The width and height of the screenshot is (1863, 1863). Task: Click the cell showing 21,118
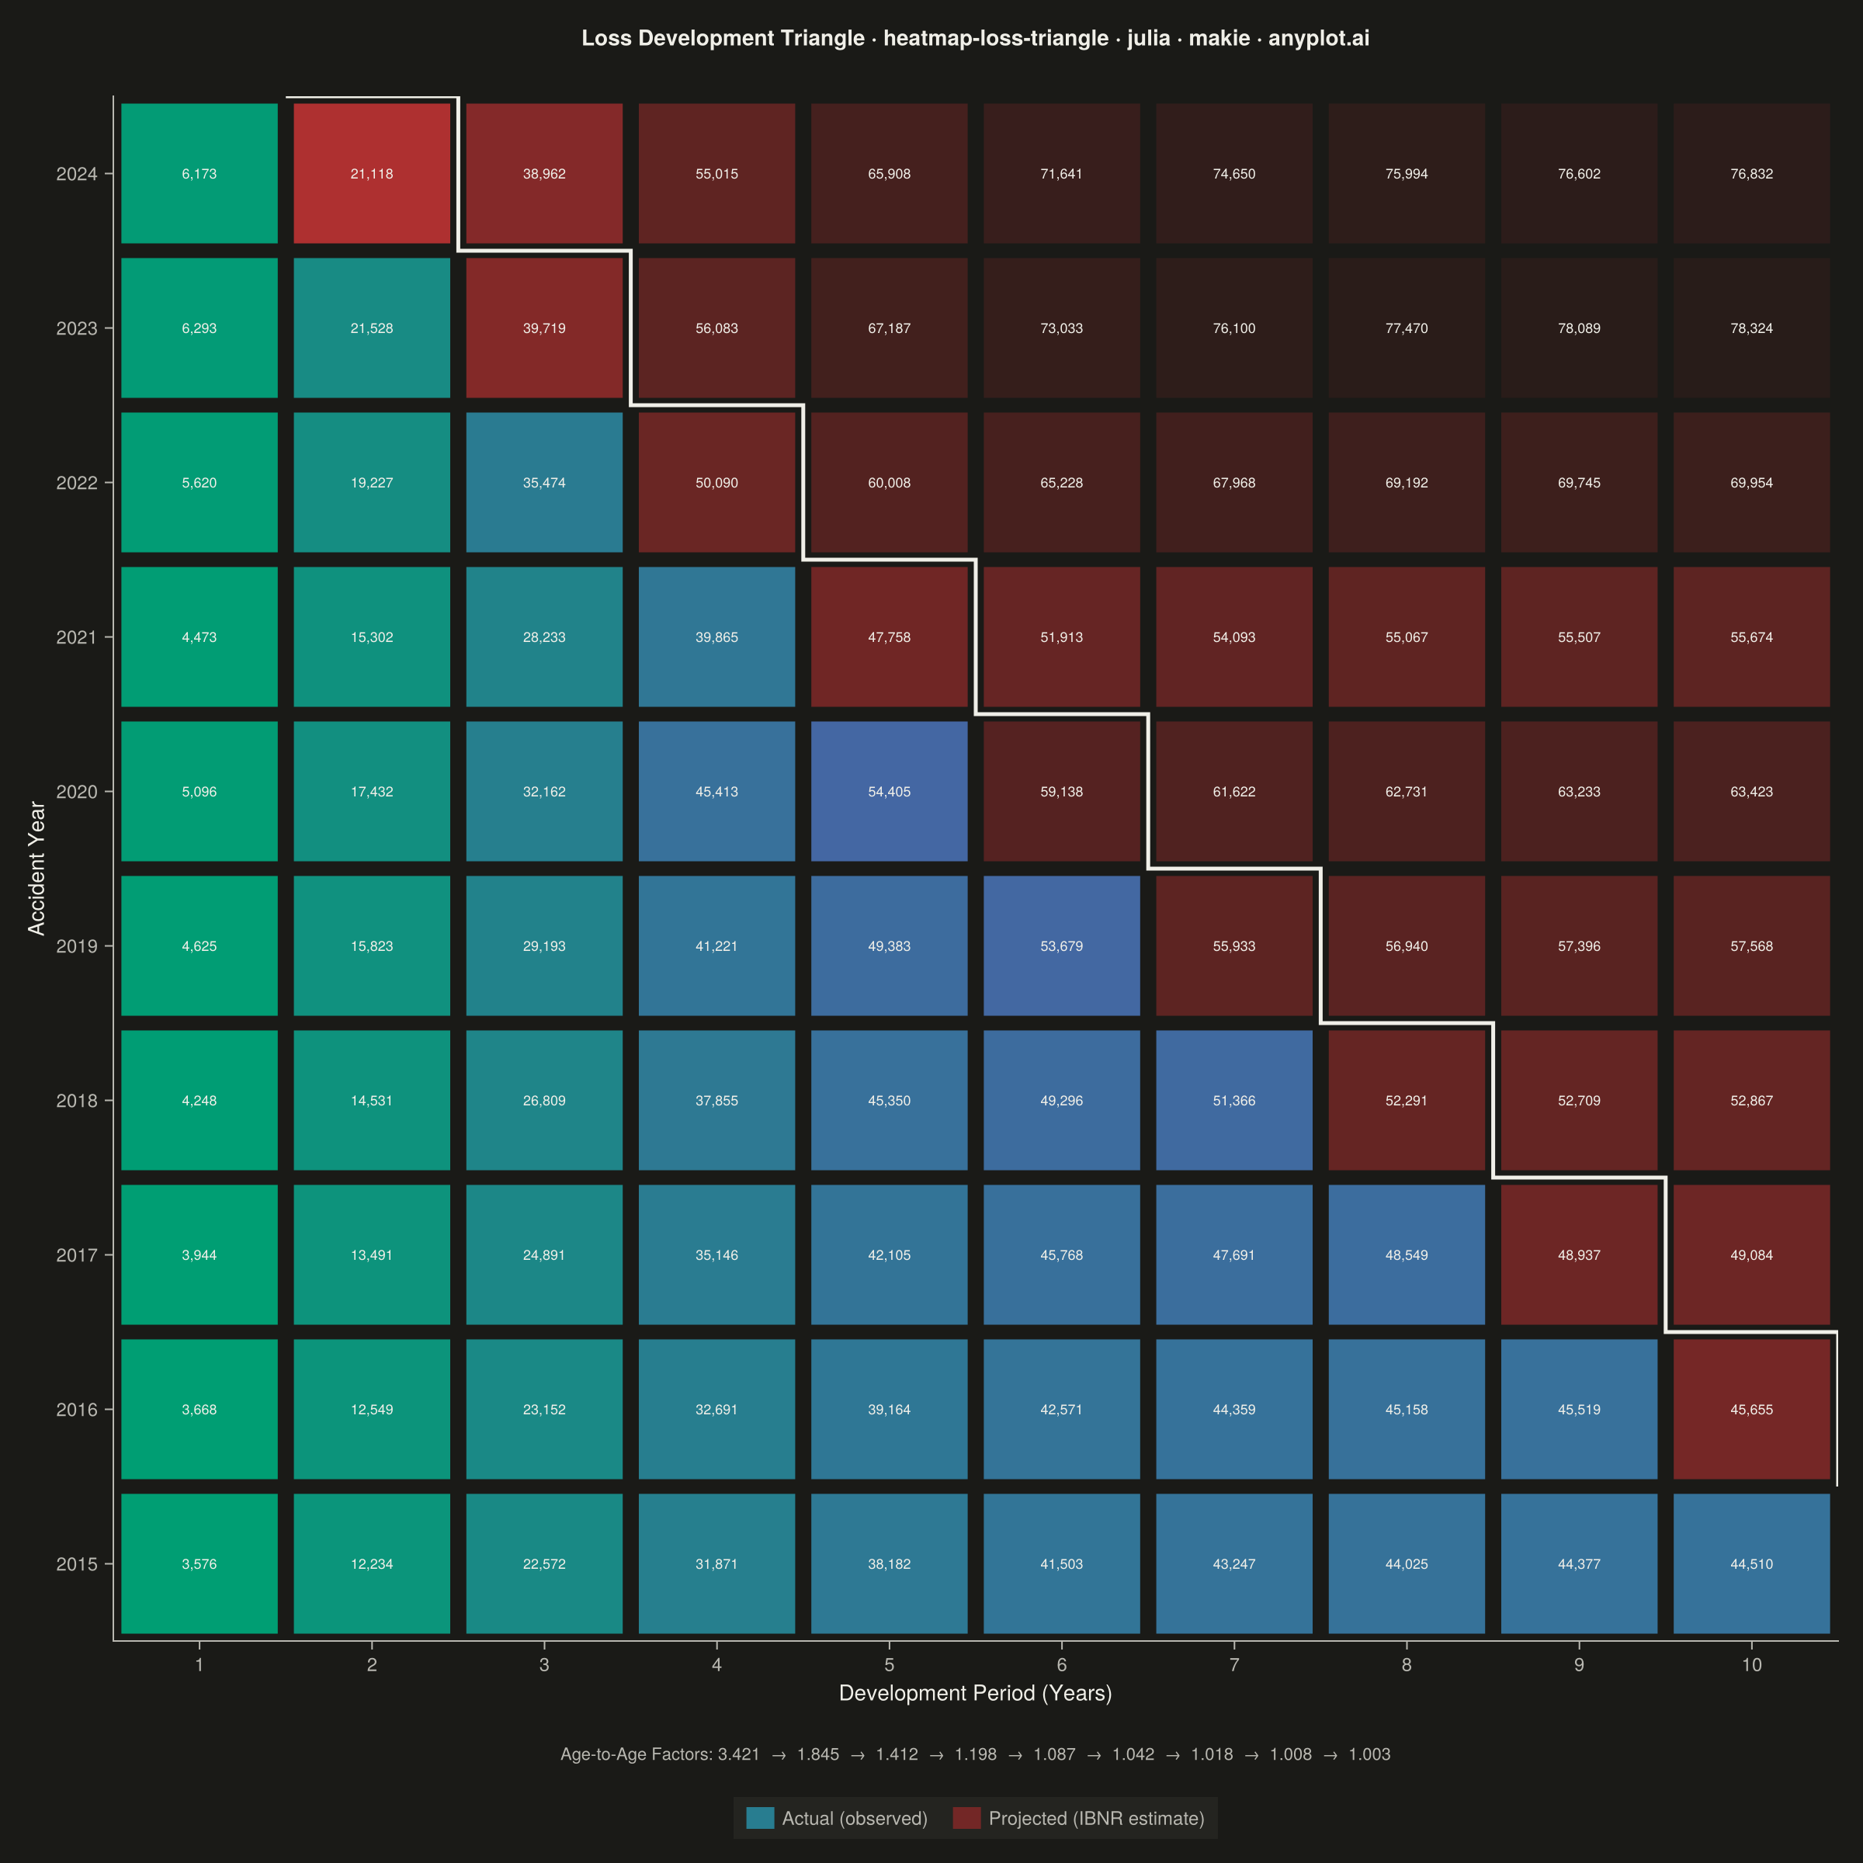371,174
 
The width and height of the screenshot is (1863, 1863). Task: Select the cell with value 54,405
889,792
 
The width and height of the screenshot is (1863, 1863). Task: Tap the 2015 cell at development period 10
1751,1564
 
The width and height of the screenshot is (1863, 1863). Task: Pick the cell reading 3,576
199,1564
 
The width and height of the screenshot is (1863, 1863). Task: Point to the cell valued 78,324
1751,328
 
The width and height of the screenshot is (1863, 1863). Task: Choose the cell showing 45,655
1751,1410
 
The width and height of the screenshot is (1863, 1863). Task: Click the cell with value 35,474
544,482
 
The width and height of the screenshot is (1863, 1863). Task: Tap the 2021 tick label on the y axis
77,637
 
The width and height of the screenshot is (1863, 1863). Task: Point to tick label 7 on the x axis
1234,1665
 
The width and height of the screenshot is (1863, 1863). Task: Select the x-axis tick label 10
1751,1665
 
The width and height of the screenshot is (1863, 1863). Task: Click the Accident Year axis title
36,869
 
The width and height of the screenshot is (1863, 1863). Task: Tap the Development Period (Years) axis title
975,1693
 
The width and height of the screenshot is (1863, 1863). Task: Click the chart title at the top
975,39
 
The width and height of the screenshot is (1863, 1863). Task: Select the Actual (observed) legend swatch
760,1819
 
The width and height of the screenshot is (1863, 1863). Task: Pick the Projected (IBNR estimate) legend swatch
966,1819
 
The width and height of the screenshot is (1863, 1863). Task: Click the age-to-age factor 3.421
739,1755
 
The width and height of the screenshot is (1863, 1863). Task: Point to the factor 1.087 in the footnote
1054,1755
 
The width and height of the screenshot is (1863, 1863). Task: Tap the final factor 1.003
1369,1755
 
